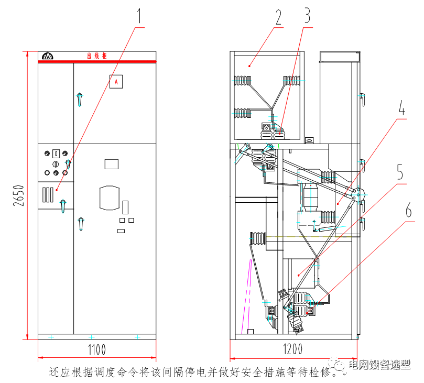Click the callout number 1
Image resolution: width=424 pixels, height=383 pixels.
[x=139, y=16]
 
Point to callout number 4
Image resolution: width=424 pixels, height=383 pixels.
[x=401, y=108]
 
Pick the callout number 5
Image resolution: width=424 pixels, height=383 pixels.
[x=400, y=172]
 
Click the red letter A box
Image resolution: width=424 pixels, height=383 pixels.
[x=116, y=81]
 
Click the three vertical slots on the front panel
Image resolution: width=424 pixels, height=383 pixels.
[x=48, y=194]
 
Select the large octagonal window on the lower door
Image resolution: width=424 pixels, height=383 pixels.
[x=111, y=196]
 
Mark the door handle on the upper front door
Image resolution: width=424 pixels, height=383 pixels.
[x=79, y=99]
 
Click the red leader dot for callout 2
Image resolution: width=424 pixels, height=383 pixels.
[x=250, y=65]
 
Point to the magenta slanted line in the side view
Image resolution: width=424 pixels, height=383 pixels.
[x=246, y=299]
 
